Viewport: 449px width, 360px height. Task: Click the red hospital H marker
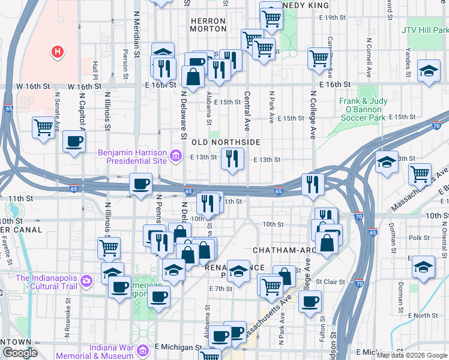[58, 52]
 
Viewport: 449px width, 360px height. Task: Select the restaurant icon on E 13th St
[232, 159]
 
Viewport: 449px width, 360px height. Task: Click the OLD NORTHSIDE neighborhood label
[226, 142]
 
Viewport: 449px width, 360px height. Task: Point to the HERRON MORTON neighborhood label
[208, 25]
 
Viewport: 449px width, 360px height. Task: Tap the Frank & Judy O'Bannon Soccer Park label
[371, 110]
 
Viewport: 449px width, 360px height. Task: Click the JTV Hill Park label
[426, 28]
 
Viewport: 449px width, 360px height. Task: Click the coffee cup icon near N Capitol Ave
[74, 142]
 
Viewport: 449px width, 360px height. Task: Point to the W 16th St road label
[34, 86]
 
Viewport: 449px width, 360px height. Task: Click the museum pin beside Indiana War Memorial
[142, 350]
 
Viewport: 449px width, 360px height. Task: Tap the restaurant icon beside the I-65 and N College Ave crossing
[312, 184]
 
